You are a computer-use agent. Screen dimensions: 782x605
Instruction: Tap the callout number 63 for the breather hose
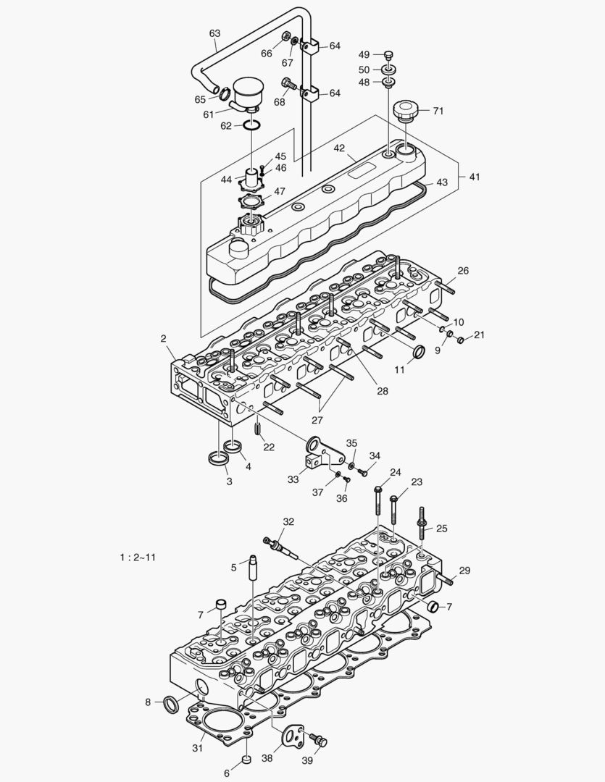214,33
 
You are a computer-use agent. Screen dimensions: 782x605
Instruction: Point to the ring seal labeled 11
419,353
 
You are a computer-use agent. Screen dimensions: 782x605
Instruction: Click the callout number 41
474,177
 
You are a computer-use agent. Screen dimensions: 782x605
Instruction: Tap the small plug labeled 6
246,760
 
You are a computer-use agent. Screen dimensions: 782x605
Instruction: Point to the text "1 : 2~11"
138,557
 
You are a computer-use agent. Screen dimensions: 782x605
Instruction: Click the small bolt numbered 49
388,55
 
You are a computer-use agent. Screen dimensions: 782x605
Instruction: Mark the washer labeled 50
389,70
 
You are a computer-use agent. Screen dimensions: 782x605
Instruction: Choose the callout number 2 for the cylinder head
164,338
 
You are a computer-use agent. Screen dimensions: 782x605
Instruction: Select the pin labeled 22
258,428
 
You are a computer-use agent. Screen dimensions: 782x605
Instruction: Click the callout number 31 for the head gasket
197,748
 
